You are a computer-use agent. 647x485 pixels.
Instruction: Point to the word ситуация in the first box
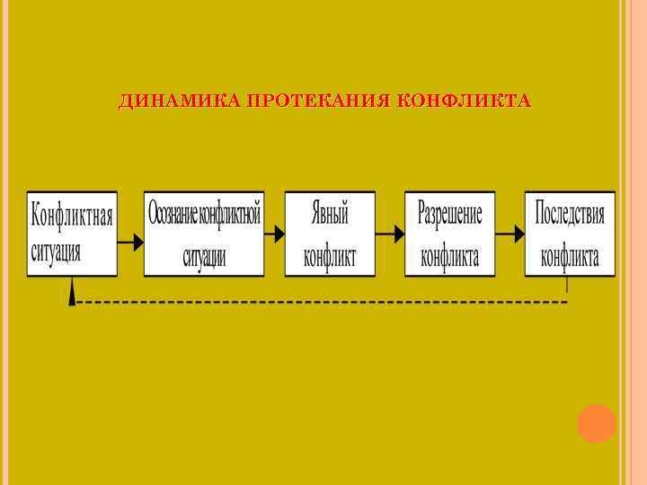tap(56, 251)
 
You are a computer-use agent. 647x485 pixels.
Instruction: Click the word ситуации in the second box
tap(204, 257)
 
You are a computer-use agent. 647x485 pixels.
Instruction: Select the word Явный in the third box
tap(330, 215)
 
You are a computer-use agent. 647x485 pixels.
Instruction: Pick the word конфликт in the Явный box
tap(330, 257)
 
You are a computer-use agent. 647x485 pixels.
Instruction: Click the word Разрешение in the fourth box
tap(450, 215)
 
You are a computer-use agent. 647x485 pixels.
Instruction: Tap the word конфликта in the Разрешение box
tap(450, 257)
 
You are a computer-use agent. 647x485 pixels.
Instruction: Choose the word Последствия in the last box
tap(570, 215)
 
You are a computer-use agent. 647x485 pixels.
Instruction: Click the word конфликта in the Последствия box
tap(570, 257)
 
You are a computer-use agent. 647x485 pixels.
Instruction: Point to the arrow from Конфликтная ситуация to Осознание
tap(131, 242)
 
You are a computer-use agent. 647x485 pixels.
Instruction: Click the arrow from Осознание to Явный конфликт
tap(273, 233)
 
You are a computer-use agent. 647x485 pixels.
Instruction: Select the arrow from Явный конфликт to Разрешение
tap(390, 233)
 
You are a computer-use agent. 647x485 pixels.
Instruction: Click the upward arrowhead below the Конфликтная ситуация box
tap(72, 293)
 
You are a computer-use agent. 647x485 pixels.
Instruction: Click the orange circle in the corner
tap(596, 424)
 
